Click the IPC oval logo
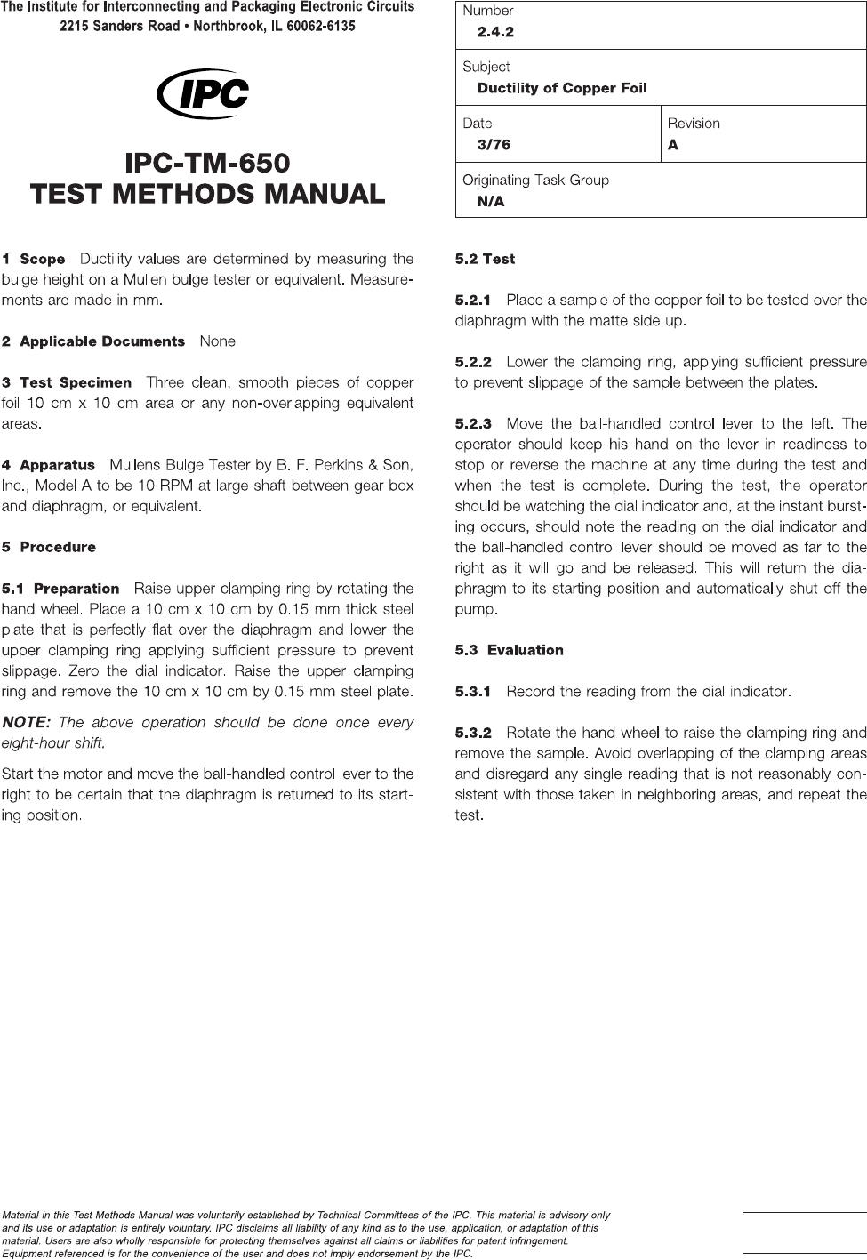202,93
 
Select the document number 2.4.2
495,32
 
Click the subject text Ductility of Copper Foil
562,88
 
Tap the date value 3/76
494,145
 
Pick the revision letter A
673,145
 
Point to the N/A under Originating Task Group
491,202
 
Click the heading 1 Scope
34,260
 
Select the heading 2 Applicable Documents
93,341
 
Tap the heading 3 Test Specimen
67,383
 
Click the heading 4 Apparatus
49,465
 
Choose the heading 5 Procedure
49,547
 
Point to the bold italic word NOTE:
26,722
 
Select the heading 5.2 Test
485,260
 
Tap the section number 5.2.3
472,423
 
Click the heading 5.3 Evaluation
509,650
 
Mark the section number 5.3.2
472,733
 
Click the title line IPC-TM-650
207,164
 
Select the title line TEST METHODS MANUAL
207,193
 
